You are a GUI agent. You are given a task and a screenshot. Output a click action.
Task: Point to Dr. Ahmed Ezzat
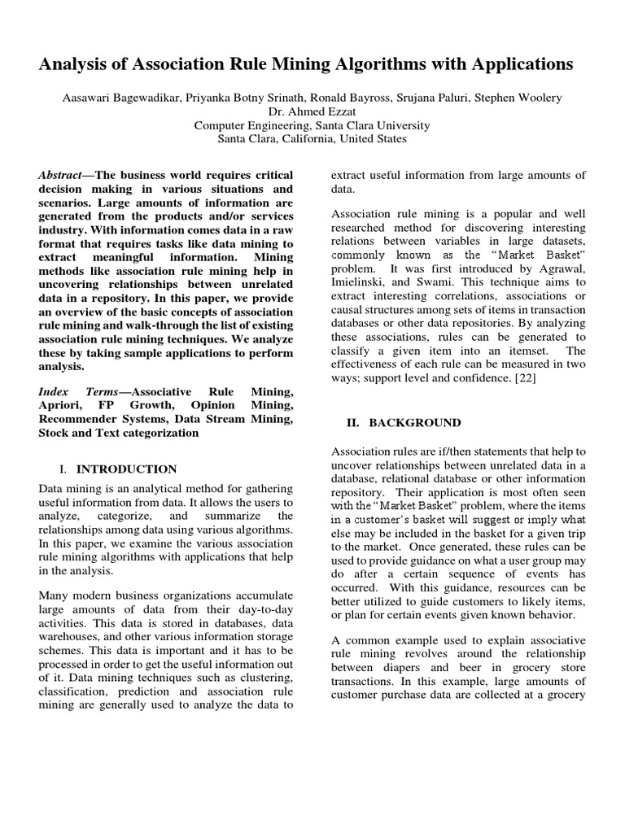pos(312,112)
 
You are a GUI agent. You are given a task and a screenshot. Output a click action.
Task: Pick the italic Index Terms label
pos(78,391)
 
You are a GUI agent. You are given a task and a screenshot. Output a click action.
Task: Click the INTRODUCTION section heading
pos(126,469)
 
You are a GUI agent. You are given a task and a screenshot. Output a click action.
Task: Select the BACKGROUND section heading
pos(414,423)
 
